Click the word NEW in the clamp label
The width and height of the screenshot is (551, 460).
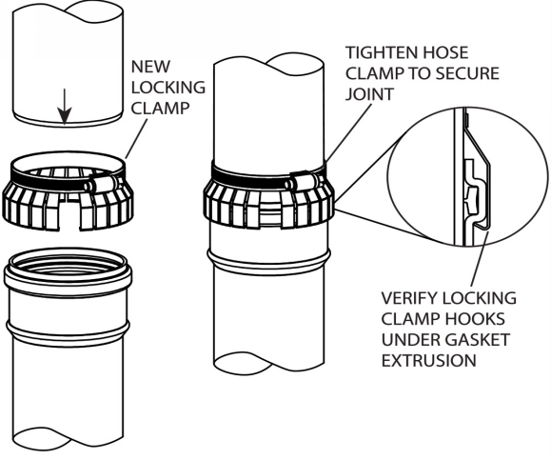pos(150,67)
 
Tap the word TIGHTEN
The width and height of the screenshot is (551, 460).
pos(382,52)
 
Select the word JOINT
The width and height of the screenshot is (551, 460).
pos(369,94)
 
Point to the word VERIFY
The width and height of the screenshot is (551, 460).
pos(409,298)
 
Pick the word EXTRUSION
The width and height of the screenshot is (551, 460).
pos(428,360)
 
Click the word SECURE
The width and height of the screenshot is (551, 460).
pos(467,73)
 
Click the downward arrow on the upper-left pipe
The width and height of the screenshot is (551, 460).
pos(65,107)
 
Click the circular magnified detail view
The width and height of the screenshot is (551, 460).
pos(466,178)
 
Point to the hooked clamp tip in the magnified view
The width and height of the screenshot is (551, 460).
pos(482,224)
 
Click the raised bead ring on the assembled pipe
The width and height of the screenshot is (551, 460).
pos(268,261)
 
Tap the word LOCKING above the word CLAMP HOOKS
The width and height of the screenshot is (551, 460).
pos(480,298)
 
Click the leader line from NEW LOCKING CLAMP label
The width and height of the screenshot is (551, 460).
pos(136,139)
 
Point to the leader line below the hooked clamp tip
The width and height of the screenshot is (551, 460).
pos(480,259)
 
